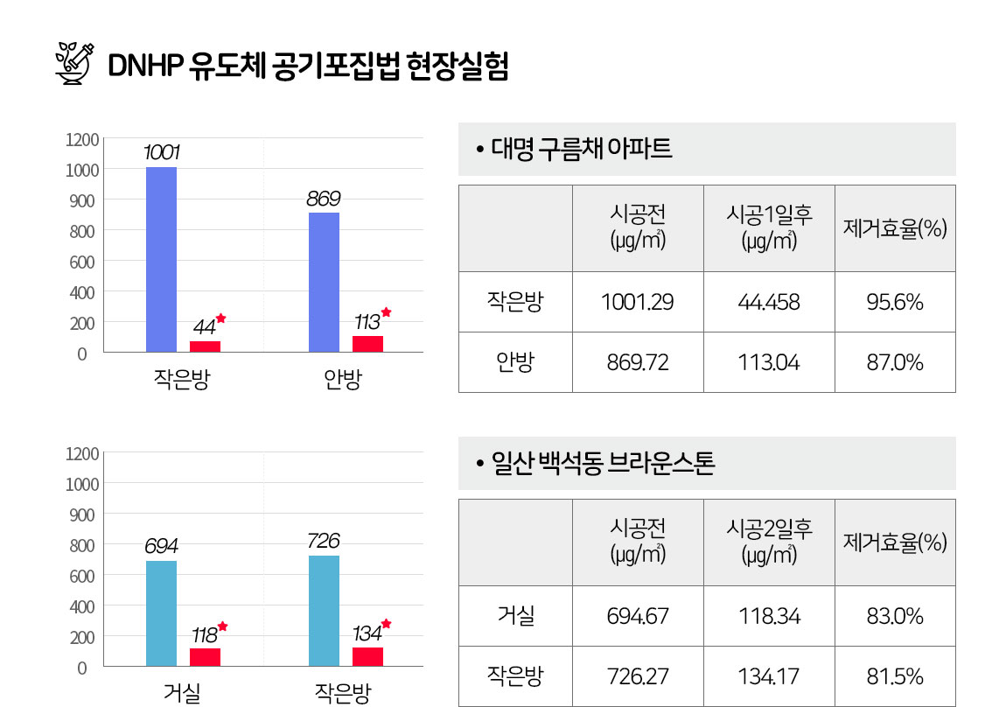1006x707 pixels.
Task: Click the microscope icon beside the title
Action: point(74,64)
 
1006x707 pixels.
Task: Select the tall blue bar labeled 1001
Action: point(161,260)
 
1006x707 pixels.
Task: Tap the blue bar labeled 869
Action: point(324,283)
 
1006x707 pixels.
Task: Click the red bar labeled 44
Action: point(205,346)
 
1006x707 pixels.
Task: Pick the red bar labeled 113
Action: point(367,344)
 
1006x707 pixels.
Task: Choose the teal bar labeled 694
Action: point(161,614)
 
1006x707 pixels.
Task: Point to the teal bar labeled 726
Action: point(324,612)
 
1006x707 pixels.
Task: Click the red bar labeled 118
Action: point(205,658)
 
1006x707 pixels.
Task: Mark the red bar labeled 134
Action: point(367,657)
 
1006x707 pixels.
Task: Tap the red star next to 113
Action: point(386,312)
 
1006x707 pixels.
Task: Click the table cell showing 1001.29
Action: point(638,302)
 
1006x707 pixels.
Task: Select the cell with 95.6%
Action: point(895,302)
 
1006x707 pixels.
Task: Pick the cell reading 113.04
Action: point(769,362)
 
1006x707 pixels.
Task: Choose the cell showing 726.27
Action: point(638,676)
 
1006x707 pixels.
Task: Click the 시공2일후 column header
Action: point(769,542)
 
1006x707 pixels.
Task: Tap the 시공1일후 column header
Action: point(769,228)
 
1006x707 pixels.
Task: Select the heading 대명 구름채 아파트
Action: point(581,149)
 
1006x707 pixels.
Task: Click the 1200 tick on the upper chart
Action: point(82,140)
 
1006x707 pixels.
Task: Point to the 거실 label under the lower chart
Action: point(182,693)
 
